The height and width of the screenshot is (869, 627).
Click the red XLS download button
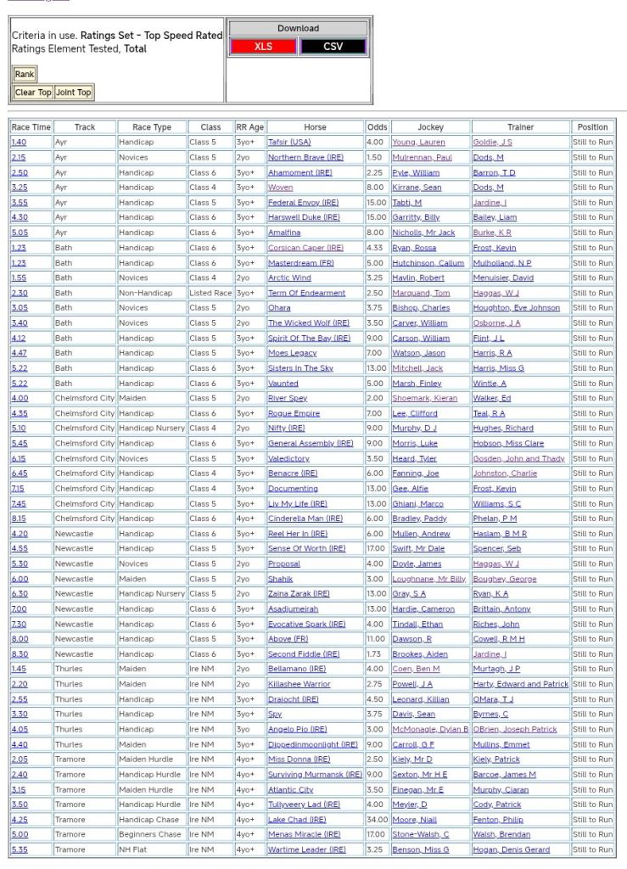click(x=263, y=47)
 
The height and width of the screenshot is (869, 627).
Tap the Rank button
click(x=25, y=75)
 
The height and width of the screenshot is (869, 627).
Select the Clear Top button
click(x=33, y=93)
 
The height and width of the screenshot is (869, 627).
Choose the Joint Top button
click(x=74, y=93)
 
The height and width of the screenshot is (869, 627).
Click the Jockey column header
click(x=430, y=127)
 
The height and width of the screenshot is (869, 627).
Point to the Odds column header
click(x=377, y=127)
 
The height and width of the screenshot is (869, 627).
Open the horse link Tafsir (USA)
click(x=289, y=143)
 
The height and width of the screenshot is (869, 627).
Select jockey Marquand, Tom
click(x=421, y=293)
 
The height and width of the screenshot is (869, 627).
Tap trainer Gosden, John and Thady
click(x=518, y=458)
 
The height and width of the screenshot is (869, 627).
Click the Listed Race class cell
click(x=210, y=293)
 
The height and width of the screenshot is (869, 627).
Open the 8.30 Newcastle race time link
click(x=20, y=654)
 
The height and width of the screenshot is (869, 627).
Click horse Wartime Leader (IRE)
click(x=307, y=849)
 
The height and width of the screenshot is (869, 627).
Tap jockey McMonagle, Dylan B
click(x=430, y=729)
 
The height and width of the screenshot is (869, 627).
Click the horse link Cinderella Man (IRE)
click(x=305, y=519)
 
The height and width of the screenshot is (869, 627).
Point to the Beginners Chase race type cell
click(x=149, y=834)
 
